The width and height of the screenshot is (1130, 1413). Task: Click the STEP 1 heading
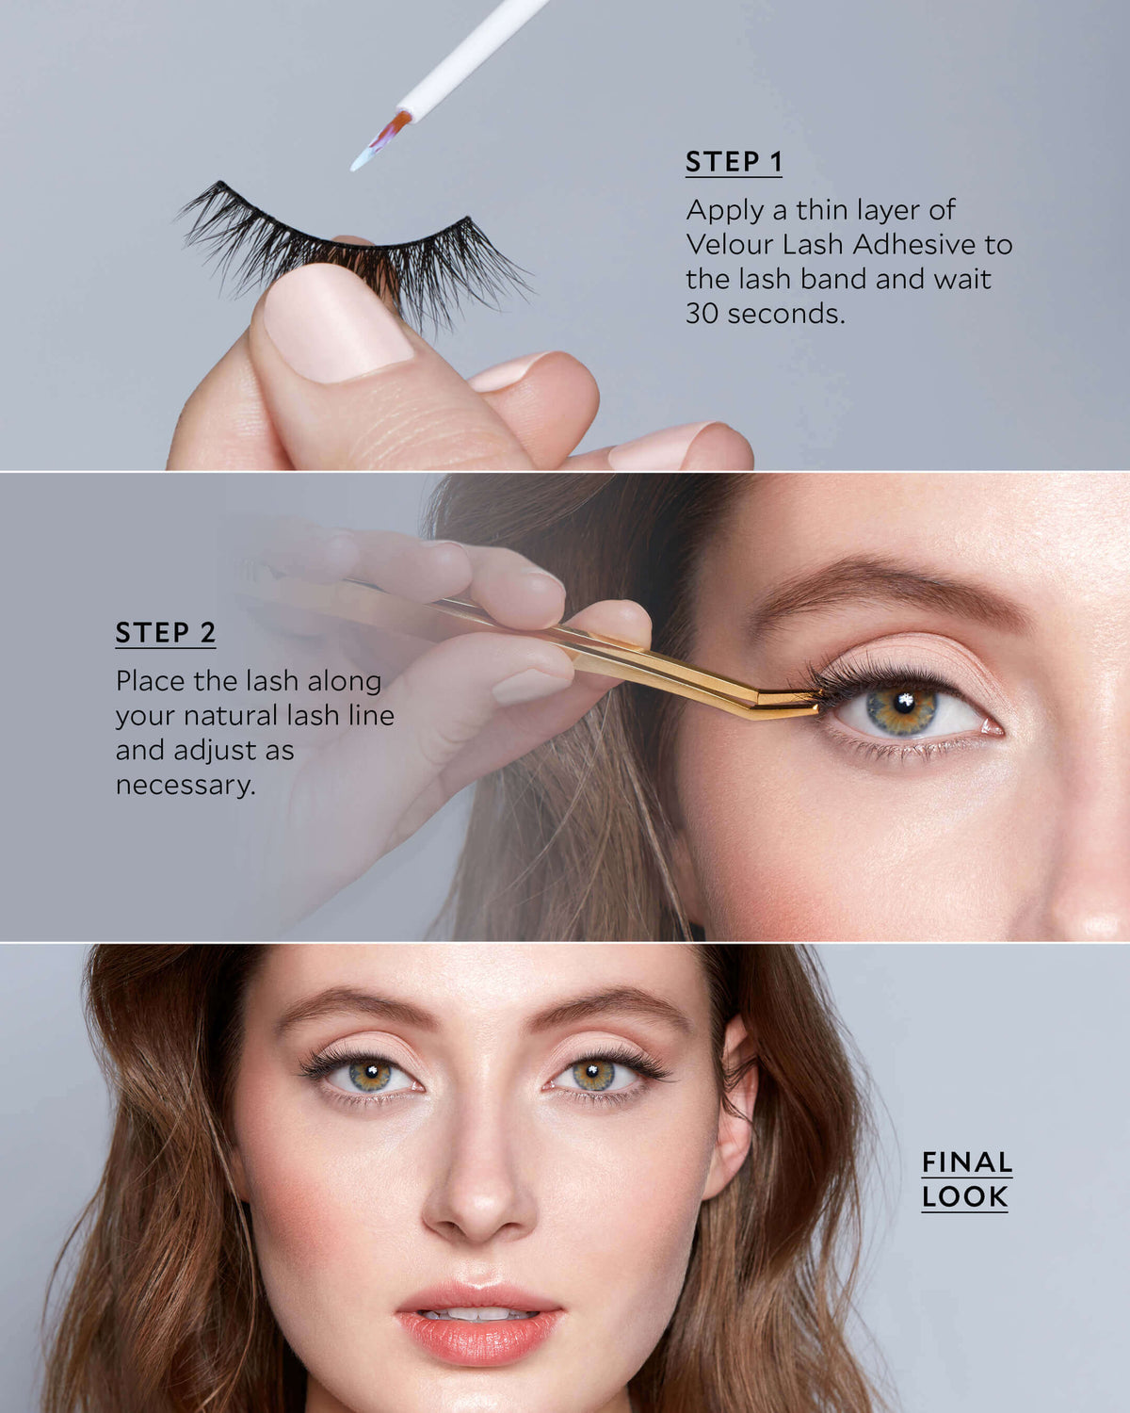pyautogui.click(x=734, y=161)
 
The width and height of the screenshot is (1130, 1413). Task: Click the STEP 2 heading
pyautogui.click(x=166, y=632)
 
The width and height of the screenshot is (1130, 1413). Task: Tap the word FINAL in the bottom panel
pyautogui.click(x=966, y=1162)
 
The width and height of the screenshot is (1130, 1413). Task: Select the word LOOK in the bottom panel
pyautogui.click(x=964, y=1196)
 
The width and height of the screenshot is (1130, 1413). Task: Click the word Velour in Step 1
pyautogui.click(x=728, y=244)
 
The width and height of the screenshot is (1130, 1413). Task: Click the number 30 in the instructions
pyautogui.click(x=702, y=313)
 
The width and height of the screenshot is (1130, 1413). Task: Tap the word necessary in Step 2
pyautogui.click(x=186, y=785)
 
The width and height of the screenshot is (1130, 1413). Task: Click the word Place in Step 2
pyautogui.click(x=151, y=681)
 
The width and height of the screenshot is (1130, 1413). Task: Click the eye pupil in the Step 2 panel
pyautogui.click(x=904, y=704)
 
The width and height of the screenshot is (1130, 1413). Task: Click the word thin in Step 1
pyautogui.click(x=823, y=209)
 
